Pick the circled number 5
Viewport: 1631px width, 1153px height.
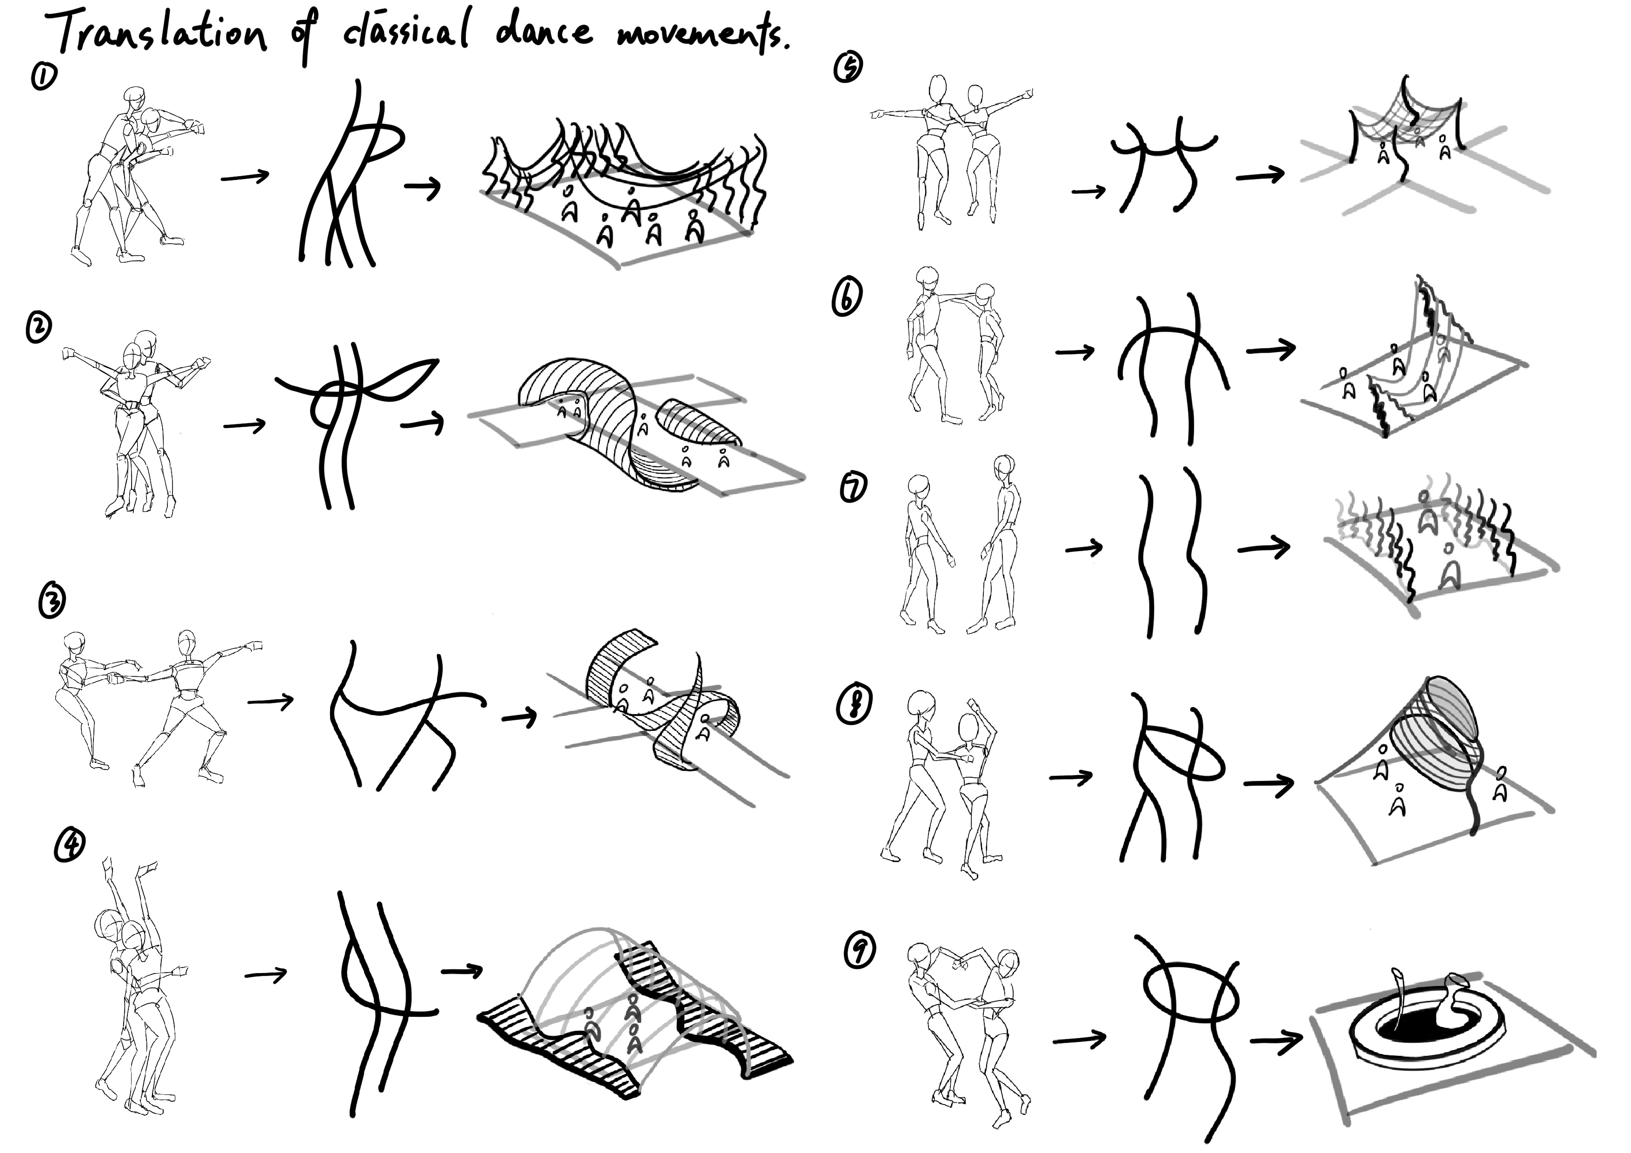click(848, 67)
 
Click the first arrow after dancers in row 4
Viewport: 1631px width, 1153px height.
click(265, 974)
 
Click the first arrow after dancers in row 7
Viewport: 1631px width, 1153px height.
click(1084, 548)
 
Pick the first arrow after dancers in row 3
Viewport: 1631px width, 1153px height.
click(271, 702)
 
